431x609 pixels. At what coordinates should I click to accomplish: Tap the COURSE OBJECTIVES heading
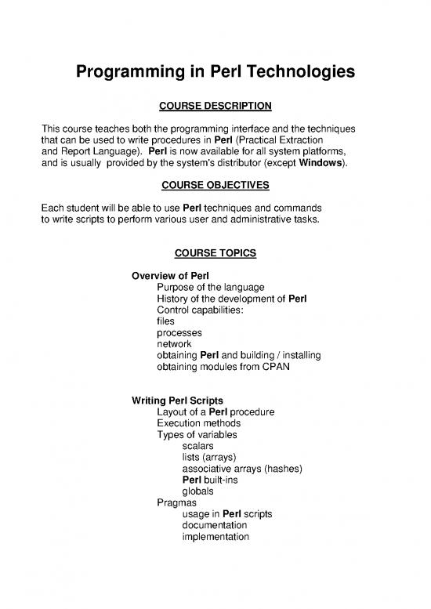215,185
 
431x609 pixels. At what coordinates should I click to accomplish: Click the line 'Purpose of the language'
211,288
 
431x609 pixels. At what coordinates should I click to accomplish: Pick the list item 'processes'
179,332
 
